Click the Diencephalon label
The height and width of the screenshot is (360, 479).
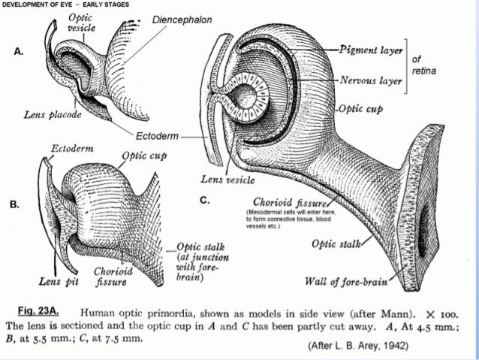tap(182, 18)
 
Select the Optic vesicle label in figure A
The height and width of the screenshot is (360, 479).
tap(81, 22)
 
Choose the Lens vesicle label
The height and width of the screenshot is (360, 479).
tap(227, 180)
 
